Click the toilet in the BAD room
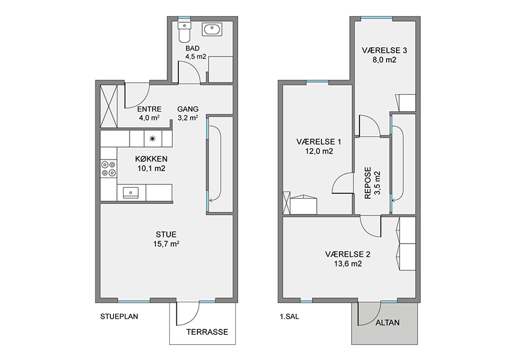(x=184, y=32)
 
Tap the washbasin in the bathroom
(x=212, y=29)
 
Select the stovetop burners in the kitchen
(x=109, y=169)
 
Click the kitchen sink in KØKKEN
(x=130, y=193)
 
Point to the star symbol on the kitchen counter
(x=152, y=139)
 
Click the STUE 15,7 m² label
(x=166, y=239)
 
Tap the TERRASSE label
(x=207, y=332)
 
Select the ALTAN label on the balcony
(x=388, y=323)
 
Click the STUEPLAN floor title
(x=119, y=316)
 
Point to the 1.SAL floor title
(x=289, y=316)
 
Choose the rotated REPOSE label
(x=368, y=183)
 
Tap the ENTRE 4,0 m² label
(x=149, y=113)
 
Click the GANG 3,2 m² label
(x=188, y=113)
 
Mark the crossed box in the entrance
(x=109, y=106)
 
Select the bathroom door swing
(x=193, y=67)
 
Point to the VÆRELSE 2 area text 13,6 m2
(x=347, y=264)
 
